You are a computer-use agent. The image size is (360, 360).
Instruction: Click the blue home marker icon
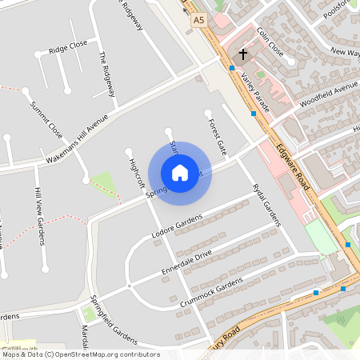[x=180, y=173]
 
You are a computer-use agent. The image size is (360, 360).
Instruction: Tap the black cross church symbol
[x=243, y=55]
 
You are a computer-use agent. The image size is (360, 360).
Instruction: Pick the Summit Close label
[x=46, y=118]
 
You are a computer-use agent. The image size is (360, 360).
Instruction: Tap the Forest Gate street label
[x=218, y=136]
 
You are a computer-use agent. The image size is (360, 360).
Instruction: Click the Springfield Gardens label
[x=113, y=318]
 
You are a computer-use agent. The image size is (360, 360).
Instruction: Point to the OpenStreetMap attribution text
[x=80, y=354]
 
